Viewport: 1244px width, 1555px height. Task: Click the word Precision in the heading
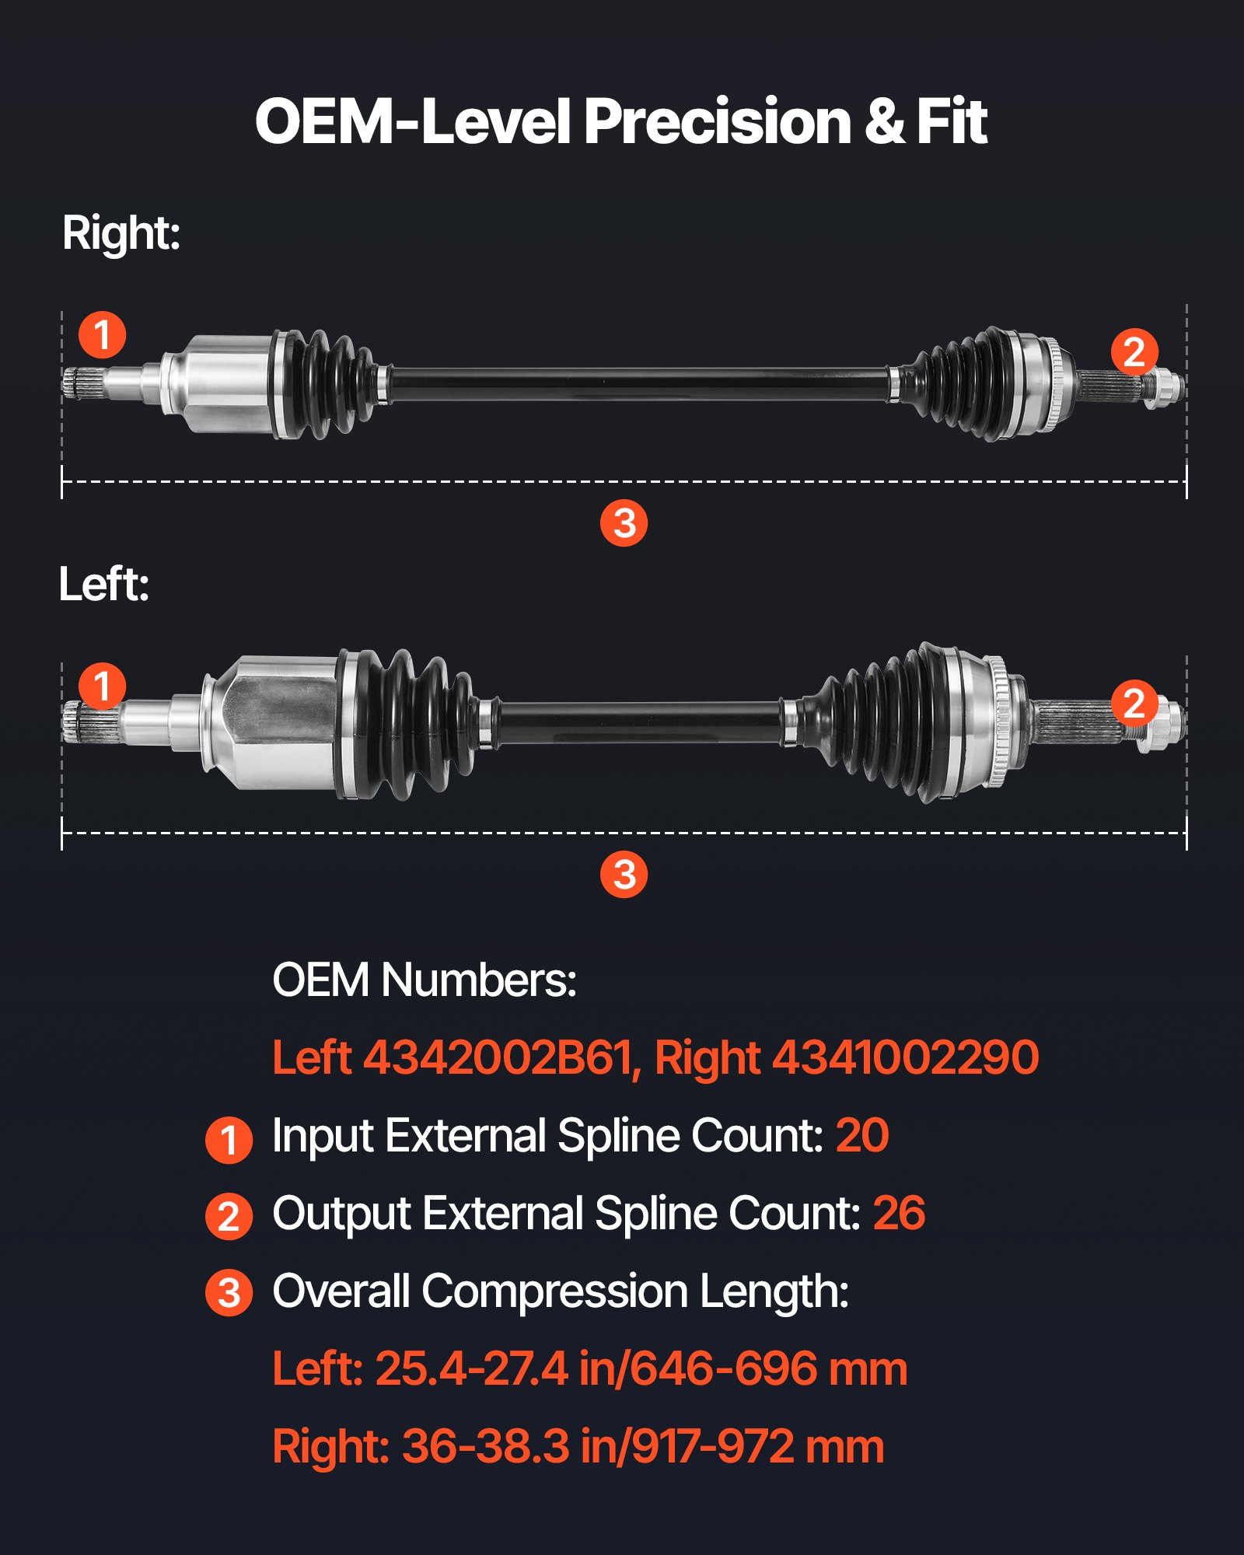click(717, 122)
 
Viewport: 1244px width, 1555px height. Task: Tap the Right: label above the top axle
click(121, 233)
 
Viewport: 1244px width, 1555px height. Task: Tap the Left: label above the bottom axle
click(104, 585)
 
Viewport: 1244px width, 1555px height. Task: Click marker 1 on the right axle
click(103, 335)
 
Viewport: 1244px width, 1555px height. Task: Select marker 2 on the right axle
click(1134, 352)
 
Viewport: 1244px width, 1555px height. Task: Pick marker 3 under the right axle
click(624, 523)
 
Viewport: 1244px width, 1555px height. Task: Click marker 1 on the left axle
click(103, 687)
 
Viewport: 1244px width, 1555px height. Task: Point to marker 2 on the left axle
click(1134, 703)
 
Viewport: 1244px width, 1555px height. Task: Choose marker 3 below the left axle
click(624, 875)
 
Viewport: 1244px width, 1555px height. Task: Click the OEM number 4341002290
click(905, 1058)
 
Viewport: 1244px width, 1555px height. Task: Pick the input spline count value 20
click(861, 1136)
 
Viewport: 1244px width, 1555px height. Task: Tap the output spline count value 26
click(899, 1214)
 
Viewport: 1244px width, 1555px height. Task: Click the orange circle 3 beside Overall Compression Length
click(229, 1293)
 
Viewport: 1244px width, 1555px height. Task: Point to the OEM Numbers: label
click(424, 980)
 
